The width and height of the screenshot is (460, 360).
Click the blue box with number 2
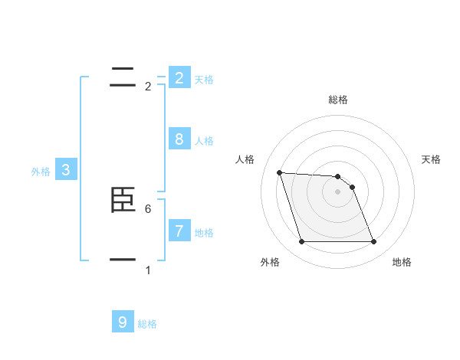pyautogui.click(x=179, y=77)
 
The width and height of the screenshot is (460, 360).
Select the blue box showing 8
pyautogui.click(x=179, y=139)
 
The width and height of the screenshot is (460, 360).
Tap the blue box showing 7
pyautogui.click(x=179, y=231)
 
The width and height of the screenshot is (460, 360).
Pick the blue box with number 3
pyautogui.click(x=66, y=170)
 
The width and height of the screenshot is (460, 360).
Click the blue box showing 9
pyautogui.click(x=123, y=322)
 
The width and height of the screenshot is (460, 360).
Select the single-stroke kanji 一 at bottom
pyautogui.click(x=123, y=260)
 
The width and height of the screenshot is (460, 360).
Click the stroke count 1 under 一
pyautogui.click(x=148, y=270)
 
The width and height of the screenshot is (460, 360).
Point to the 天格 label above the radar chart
pyautogui.click(x=431, y=159)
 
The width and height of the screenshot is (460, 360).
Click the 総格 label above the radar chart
pyautogui.click(x=338, y=100)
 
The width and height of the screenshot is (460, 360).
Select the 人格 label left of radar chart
pyautogui.click(x=245, y=159)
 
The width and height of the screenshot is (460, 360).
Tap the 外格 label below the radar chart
pyautogui.click(x=270, y=262)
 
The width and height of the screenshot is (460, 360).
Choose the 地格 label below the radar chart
pyautogui.click(x=402, y=262)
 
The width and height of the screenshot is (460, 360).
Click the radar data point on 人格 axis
pyautogui.click(x=279, y=172)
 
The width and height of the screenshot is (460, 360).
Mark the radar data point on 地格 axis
pyautogui.click(x=373, y=242)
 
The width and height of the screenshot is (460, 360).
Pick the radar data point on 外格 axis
pyautogui.click(x=301, y=242)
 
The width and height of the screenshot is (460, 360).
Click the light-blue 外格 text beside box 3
pyautogui.click(x=41, y=172)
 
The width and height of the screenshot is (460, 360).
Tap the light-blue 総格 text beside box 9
pyautogui.click(x=147, y=324)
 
